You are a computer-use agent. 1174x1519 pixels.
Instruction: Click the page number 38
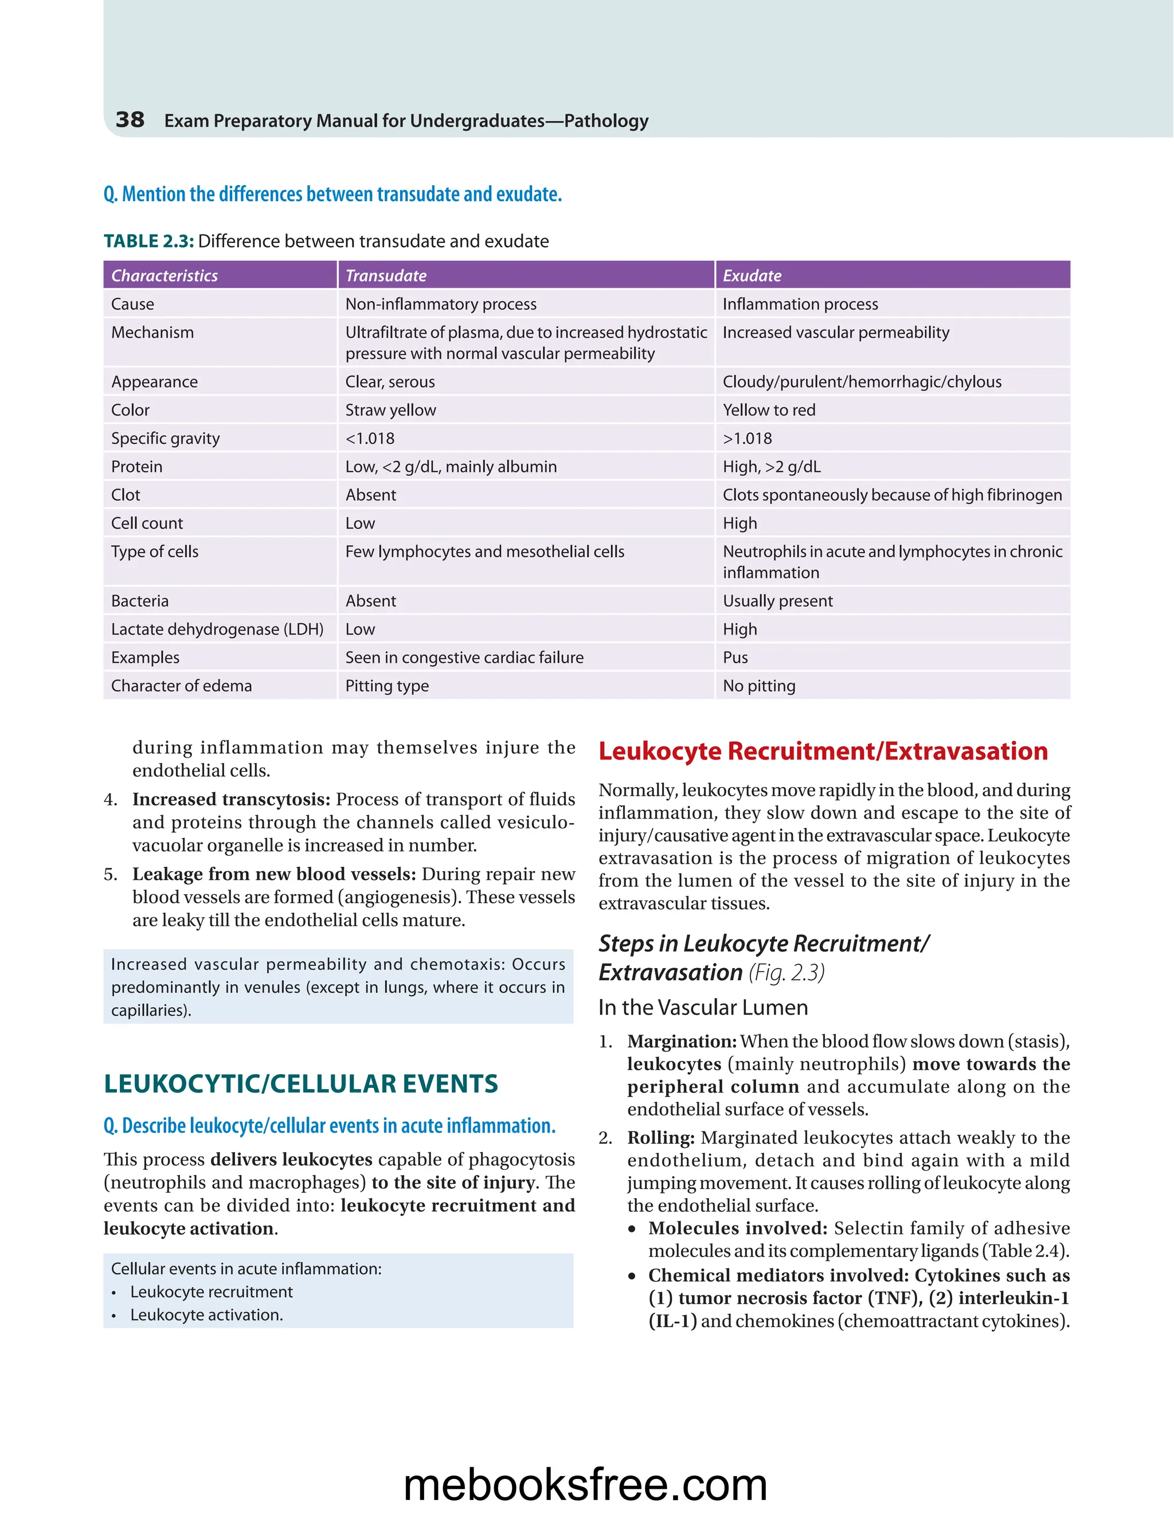[x=130, y=120]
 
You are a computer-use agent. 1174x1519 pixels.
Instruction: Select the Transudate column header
[x=386, y=275]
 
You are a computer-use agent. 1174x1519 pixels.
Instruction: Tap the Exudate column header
[x=752, y=275]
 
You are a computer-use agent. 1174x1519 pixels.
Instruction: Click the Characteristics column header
[x=165, y=275]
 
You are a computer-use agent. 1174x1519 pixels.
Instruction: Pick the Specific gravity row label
[x=166, y=438]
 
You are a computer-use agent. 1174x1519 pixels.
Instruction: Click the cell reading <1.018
[x=370, y=438]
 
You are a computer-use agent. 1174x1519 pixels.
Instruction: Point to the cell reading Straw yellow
[x=391, y=410]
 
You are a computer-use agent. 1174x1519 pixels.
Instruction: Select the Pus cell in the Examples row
[x=735, y=657]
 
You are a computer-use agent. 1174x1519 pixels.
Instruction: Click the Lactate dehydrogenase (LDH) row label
[x=217, y=629]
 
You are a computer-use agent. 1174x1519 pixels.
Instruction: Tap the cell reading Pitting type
[x=388, y=686]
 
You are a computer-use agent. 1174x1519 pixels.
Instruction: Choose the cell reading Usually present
[x=777, y=601]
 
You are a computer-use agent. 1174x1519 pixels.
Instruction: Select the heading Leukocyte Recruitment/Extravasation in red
[x=823, y=751]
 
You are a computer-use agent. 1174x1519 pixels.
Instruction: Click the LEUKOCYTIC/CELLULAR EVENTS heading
[x=300, y=1083]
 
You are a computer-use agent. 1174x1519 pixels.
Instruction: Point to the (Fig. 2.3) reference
[x=786, y=972]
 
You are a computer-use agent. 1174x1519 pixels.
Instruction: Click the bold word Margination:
[x=682, y=1041]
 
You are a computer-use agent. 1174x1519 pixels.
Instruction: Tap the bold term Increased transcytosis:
[x=231, y=799]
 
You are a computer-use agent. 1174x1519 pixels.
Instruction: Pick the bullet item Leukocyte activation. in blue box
[x=206, y=1314]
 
